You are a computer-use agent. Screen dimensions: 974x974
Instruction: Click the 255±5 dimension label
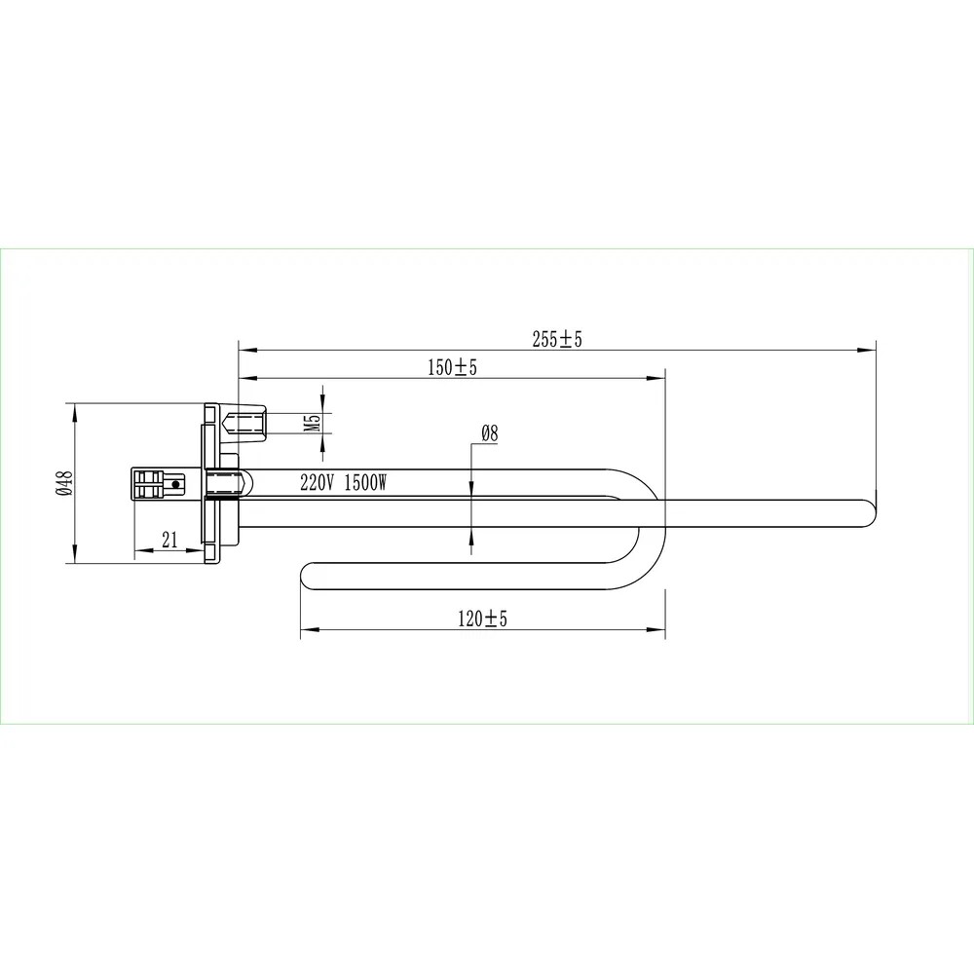pos(557,339)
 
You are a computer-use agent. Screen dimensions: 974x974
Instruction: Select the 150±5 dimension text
pos(452,367)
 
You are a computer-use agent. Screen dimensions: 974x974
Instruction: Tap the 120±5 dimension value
pos(483,618)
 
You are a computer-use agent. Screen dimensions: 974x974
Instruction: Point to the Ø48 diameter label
pos(64,483)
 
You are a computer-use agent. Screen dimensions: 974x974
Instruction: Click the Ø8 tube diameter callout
pos(490,433)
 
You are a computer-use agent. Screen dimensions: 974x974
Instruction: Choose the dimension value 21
pos(169,540)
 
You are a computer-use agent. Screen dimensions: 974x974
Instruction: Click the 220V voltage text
pos(318,482)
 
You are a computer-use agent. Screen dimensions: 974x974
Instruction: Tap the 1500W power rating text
pos(366,482)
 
